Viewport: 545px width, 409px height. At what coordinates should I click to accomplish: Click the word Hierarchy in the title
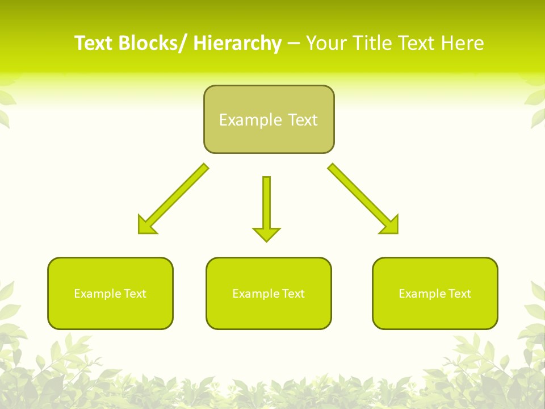coord(237,43)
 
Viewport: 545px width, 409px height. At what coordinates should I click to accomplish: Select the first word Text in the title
coord(94,43)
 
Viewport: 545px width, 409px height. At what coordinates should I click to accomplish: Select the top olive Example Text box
coord(269,119)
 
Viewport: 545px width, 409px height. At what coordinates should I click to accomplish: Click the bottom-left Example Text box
coord(110,293)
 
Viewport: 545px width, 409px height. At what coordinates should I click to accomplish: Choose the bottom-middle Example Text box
coord(269,293)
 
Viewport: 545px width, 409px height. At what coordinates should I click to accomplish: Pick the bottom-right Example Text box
coord(435,293)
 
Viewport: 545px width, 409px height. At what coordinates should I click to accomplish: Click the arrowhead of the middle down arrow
coord(266,233)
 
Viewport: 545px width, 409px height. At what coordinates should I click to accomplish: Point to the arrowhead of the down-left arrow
coord(145,226)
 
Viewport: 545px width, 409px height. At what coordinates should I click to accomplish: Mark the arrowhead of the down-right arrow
coord(391,226)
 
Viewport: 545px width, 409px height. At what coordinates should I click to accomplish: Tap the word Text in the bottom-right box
coord(459,294)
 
